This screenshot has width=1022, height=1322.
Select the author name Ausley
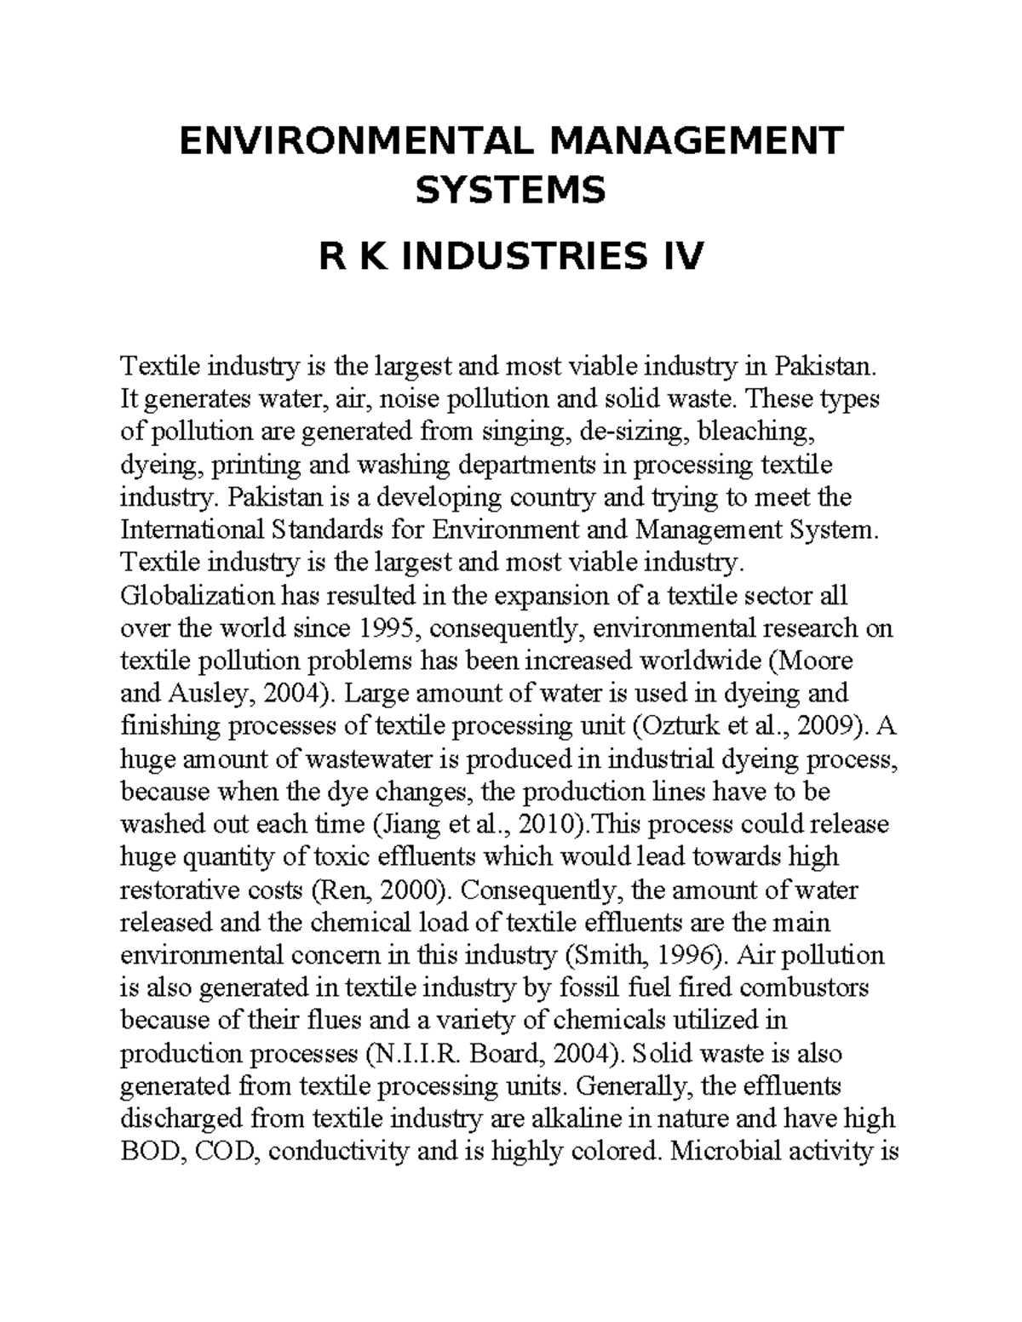pos(202,694)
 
